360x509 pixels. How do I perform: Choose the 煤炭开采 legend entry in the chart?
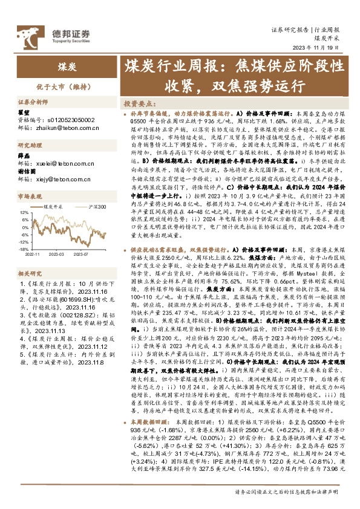coord(55,207)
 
